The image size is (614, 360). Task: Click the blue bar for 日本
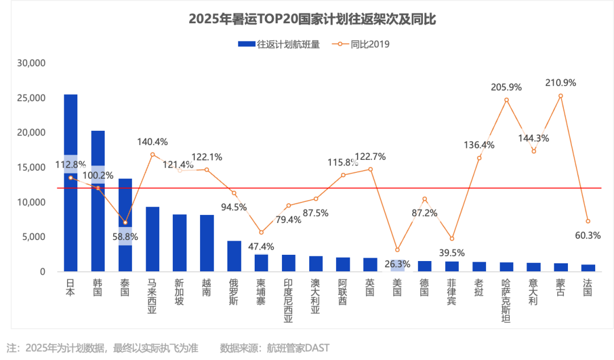[71, 183]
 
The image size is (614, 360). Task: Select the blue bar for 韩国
[98, 201]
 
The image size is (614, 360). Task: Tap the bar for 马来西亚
[152, 239]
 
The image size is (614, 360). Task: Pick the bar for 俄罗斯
[234, 256]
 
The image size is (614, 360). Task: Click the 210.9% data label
[561, 83]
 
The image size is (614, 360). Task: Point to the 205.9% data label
[507, 88]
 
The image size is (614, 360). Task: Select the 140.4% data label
[152, 142]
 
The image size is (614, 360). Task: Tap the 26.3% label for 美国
[397, 264]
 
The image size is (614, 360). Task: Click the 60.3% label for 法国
[588, 235]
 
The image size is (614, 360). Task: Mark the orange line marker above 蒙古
[561, 96]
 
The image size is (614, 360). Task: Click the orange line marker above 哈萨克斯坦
[507, 100]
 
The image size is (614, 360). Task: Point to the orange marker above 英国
[371, 169]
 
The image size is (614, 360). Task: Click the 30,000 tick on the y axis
[31, 63]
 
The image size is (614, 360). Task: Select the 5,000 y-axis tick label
[34, 237]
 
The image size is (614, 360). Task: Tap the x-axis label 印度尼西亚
[289, 300]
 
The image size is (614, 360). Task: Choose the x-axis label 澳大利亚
[316, 296]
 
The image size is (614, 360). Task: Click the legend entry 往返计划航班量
[279, 44]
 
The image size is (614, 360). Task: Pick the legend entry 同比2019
[360, 44]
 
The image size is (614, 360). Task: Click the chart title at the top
[312, 19]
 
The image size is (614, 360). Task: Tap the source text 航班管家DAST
[298, 348]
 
